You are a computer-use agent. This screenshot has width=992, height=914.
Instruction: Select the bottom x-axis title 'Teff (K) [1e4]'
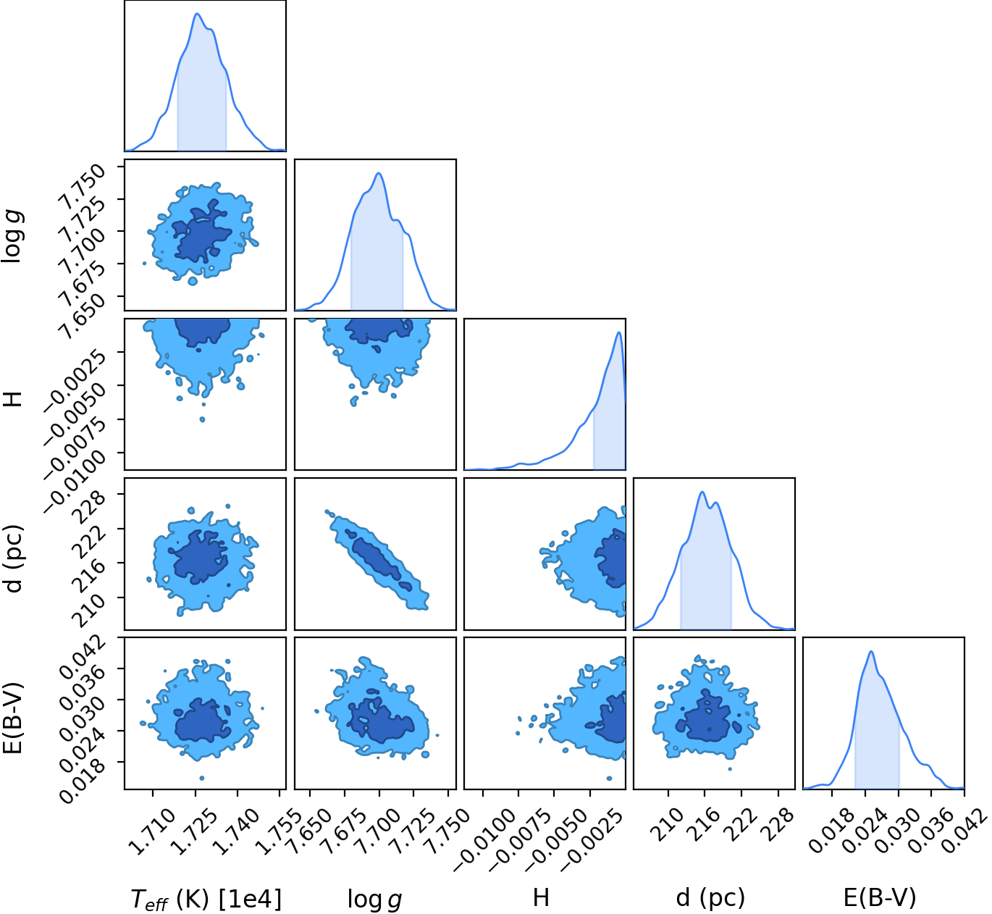pyautogui.click(x=206, y=898)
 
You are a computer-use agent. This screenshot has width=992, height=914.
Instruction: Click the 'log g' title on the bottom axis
pyautogui.click(x=375, y=899)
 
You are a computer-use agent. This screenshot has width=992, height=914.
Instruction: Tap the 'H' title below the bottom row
pyautogui.click(x=541, y=897)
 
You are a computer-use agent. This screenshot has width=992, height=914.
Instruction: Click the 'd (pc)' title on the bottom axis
pyautogui.click(x=710, y=897)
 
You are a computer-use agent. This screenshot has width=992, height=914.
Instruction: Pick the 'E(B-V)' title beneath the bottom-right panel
pyautogui.click(x=880, y=897)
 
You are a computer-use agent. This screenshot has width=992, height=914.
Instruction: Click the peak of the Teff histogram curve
pyautogui.click(x=197, y=13)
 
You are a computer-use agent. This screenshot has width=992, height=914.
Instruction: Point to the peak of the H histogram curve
pyautogui.click(x=618, y=332)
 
